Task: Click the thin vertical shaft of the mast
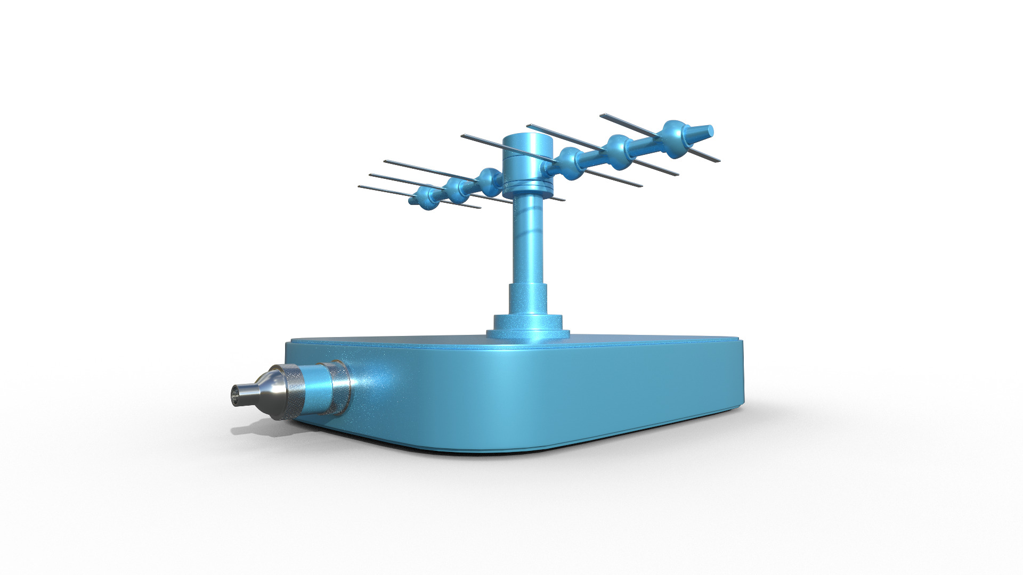[x=528, y=240]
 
